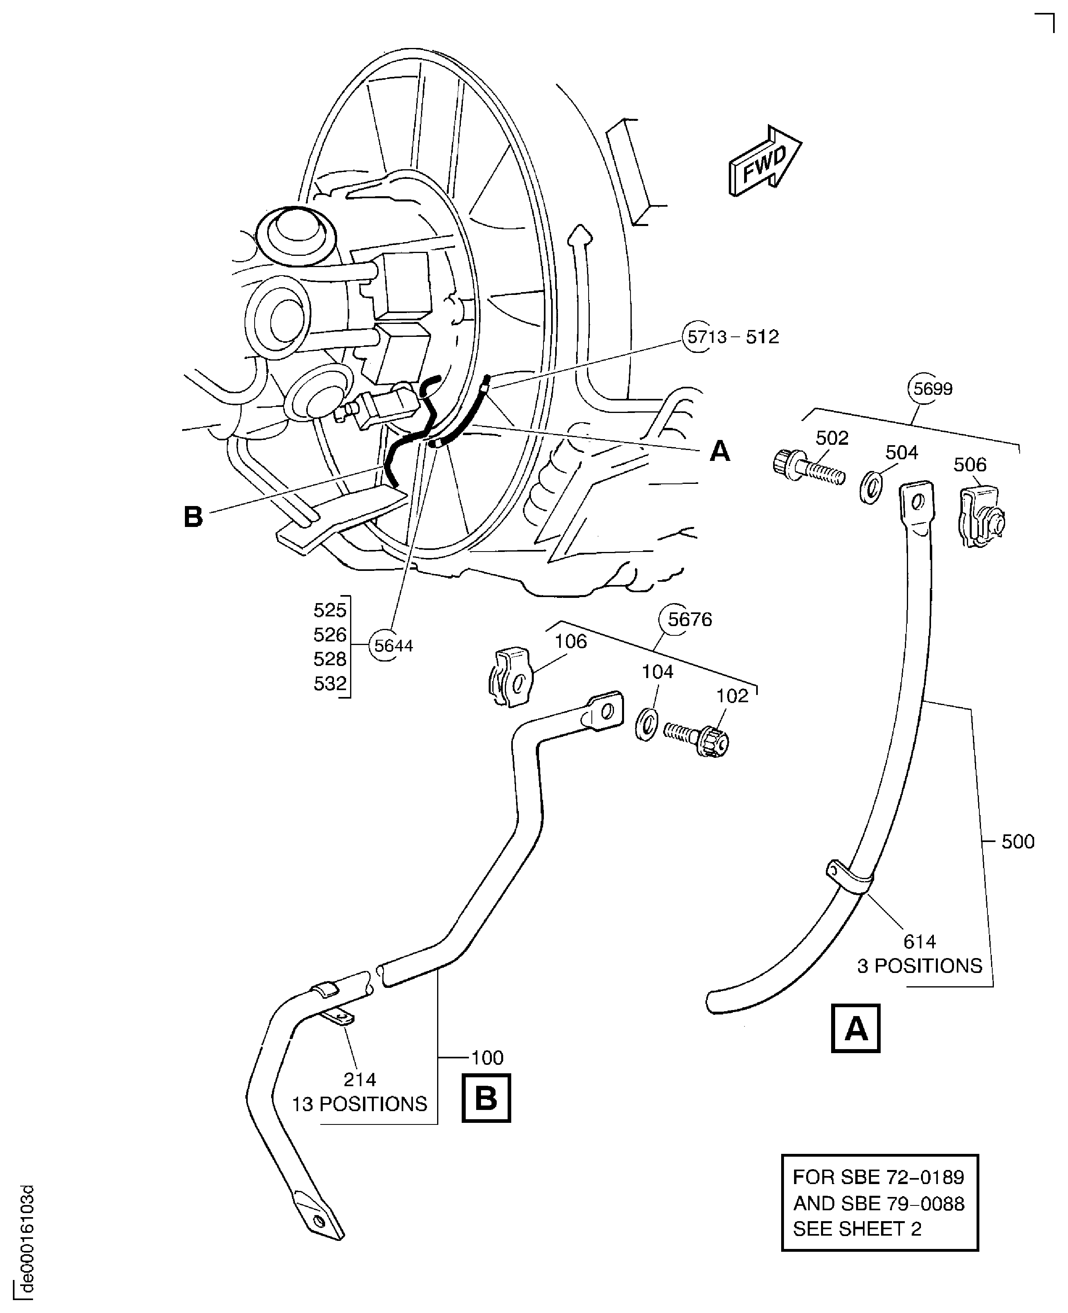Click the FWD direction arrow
pos(765,162)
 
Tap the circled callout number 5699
pos(933,389)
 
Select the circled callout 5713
pos(698,337)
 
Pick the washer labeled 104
pos(646,724)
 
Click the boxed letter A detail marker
pos(855,1029)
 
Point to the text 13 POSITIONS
pos(359,1104)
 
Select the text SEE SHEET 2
pos(857,1229)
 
